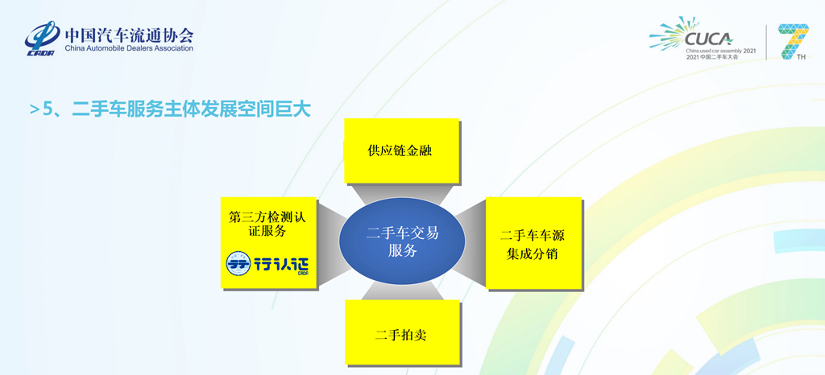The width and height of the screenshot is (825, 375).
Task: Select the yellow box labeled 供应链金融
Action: (x=401, y=150)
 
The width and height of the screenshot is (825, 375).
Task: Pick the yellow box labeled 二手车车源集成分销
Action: (x=533, y=244)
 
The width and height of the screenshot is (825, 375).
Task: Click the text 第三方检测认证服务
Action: (x=267, y=224)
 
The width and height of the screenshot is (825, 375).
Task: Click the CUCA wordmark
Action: (x=707, y=38)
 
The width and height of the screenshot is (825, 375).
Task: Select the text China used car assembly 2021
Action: (x=721, y=50)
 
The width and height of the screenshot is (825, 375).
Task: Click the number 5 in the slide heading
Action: (x=48, y=109)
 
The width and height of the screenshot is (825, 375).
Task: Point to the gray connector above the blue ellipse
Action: (x=401, y=194)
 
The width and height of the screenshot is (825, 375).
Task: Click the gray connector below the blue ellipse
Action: (x=401, y=291)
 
